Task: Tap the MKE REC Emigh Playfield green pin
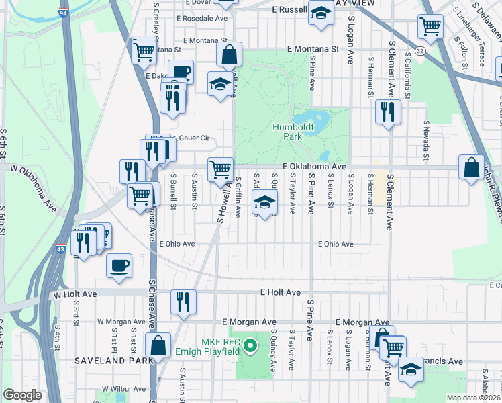point(250,347)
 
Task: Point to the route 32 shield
point(419,50)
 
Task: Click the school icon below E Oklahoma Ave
point(264,201)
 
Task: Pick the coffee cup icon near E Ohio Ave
point(119,265)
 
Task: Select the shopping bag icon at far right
point(471,167)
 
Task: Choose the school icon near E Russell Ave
point(321,13)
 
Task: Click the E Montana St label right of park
point(312,49)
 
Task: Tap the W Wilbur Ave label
point(124,389)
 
